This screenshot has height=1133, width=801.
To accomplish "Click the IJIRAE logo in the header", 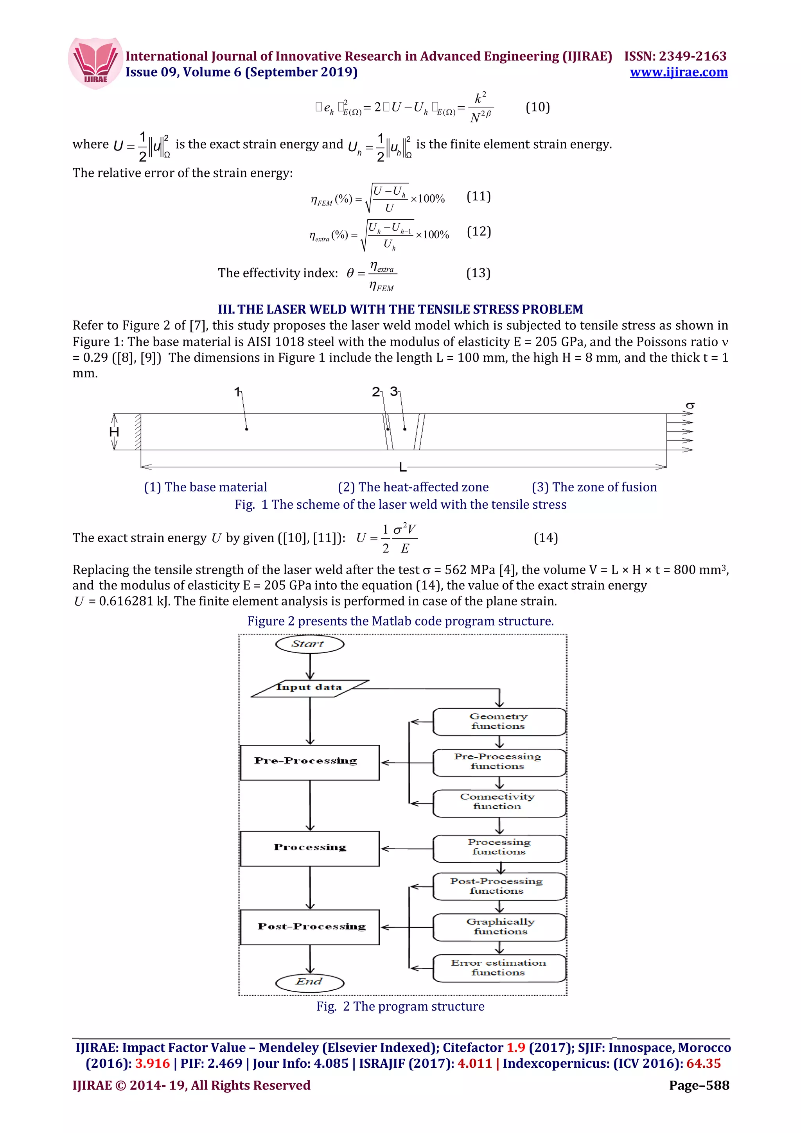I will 95,63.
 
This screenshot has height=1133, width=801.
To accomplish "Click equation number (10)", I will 537,107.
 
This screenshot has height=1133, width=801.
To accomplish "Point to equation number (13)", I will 478,273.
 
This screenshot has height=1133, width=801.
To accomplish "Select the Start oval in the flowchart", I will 309,644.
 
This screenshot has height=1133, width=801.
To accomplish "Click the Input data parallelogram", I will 309,687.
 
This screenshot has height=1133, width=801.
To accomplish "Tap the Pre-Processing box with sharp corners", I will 309,762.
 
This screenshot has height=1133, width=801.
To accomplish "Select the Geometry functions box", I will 499,721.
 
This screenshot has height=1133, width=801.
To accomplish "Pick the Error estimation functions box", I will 499,968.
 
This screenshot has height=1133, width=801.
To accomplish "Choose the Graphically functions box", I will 499,927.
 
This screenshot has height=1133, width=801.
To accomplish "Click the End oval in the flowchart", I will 309,982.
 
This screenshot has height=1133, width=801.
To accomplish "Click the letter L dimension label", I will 403,467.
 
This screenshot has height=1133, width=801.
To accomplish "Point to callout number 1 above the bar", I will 237,392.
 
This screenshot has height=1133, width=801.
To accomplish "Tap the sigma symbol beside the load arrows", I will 690,406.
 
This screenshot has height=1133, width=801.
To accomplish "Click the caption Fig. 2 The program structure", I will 400,1006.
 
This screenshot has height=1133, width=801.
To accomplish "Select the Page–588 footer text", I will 699,1085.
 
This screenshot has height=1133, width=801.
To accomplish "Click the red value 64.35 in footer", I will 703,1063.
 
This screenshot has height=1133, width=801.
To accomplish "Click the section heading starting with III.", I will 400,309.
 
